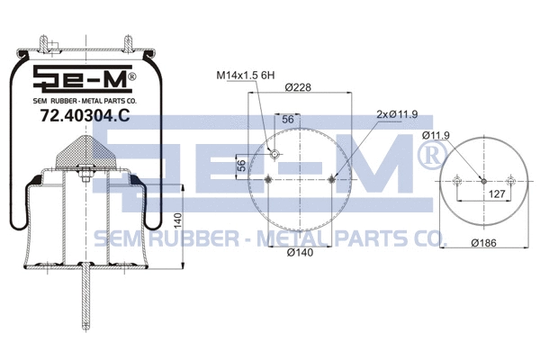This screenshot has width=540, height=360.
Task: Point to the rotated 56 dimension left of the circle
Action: pos(242,166)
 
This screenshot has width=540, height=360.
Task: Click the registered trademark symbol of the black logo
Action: pos(131,77)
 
